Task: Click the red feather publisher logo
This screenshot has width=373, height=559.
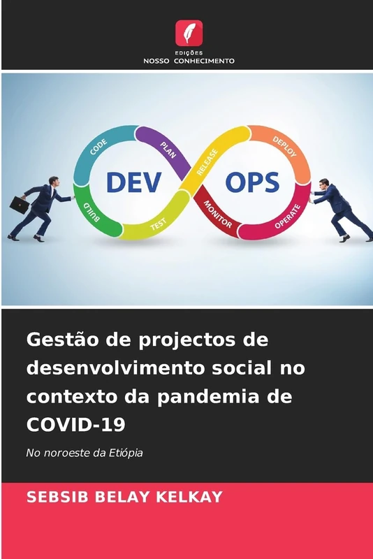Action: tap(189, 32)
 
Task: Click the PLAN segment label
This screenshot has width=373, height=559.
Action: tap(168, 147)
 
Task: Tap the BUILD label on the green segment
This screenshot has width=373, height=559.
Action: tap(92, 211)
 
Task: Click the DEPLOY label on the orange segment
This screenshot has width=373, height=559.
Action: tap(283, 145)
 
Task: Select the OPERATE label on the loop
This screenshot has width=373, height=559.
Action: tap(287, 216)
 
